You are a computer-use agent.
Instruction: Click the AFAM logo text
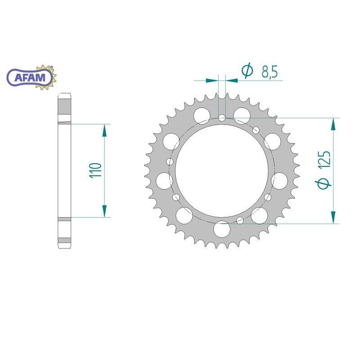(30, 77)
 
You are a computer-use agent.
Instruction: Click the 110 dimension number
(95, 170)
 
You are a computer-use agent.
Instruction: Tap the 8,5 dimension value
(270, 72)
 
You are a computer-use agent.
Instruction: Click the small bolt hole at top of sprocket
(222, 118)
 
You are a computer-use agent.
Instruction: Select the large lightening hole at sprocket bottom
(222, 229)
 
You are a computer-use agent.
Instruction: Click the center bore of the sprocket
(222, 171)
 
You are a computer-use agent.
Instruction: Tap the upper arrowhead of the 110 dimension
(104, 130)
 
